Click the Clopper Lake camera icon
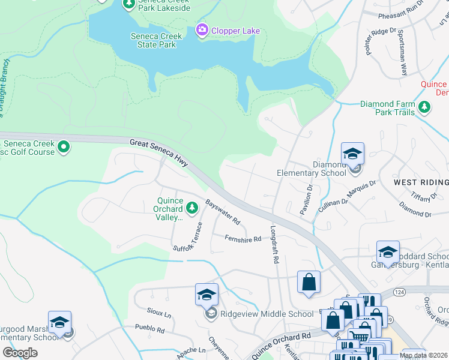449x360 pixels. [x=202, y=29]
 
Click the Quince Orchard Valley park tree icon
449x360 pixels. [x=192, y=208]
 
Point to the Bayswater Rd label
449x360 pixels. [x=223, y=212]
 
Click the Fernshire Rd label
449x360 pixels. [x=243, y=239]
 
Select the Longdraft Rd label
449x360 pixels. [x=276, y=245]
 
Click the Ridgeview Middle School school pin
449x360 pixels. [x=206, y=295]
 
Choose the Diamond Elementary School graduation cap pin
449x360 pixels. [x=352, y=154]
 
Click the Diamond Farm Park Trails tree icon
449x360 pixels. [x=425, y=107]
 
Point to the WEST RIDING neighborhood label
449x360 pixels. [x=421, y=182]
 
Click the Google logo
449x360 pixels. [x=20, y=353]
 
